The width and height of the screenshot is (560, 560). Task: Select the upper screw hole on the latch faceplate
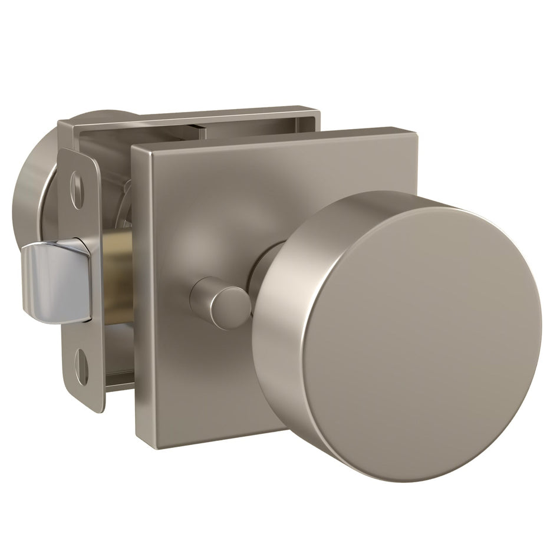77,189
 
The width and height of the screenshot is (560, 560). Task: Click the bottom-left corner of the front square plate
139,445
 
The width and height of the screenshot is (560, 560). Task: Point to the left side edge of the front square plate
137,295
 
